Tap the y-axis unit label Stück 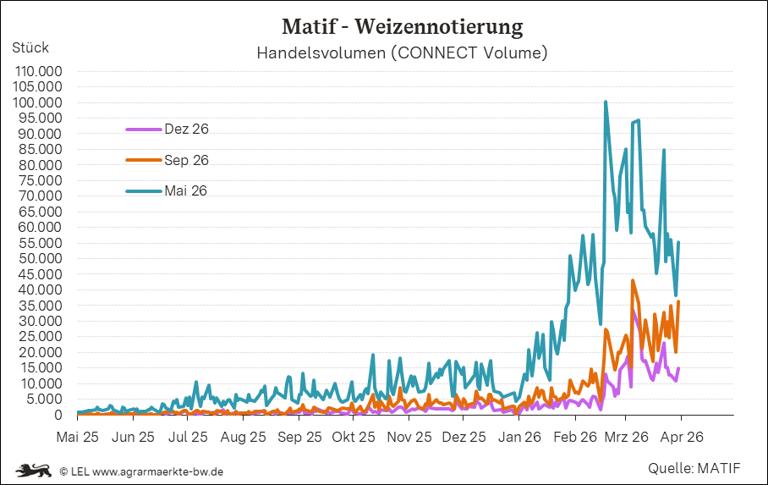click(x=30, y=47)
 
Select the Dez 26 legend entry click(x=186, y=130)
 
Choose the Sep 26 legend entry click(x=186, y=160)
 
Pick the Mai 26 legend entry click(x=186, y=191)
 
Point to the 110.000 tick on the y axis click(x=39, y=71)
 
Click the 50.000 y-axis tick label click(x=39, y=258)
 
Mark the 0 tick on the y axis click(x=58, y=415)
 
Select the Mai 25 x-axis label click(x=77, y=438)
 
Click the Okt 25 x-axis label click(x=354, y=438)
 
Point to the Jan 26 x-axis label click(x=519, y=438)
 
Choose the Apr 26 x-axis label click(x=681, y=438)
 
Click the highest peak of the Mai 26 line click(x=606, y=102)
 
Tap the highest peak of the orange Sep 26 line click(x=633, y=281)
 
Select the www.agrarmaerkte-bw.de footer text click(x=157, y=471)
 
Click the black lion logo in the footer click(x=35, y=470)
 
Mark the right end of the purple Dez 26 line click(x=678, y=368)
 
